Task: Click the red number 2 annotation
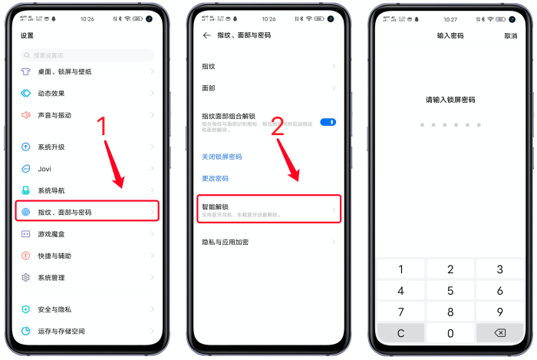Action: click(278, 127)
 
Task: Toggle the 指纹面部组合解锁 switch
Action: click(328, 122)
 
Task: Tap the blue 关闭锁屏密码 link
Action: click(222, 157)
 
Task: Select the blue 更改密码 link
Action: click(215, 178)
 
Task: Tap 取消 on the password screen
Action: click(510, 36)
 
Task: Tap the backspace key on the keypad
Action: click(499, 333)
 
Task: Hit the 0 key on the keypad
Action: click(450, 333)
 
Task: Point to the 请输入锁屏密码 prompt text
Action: click(450, 100)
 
